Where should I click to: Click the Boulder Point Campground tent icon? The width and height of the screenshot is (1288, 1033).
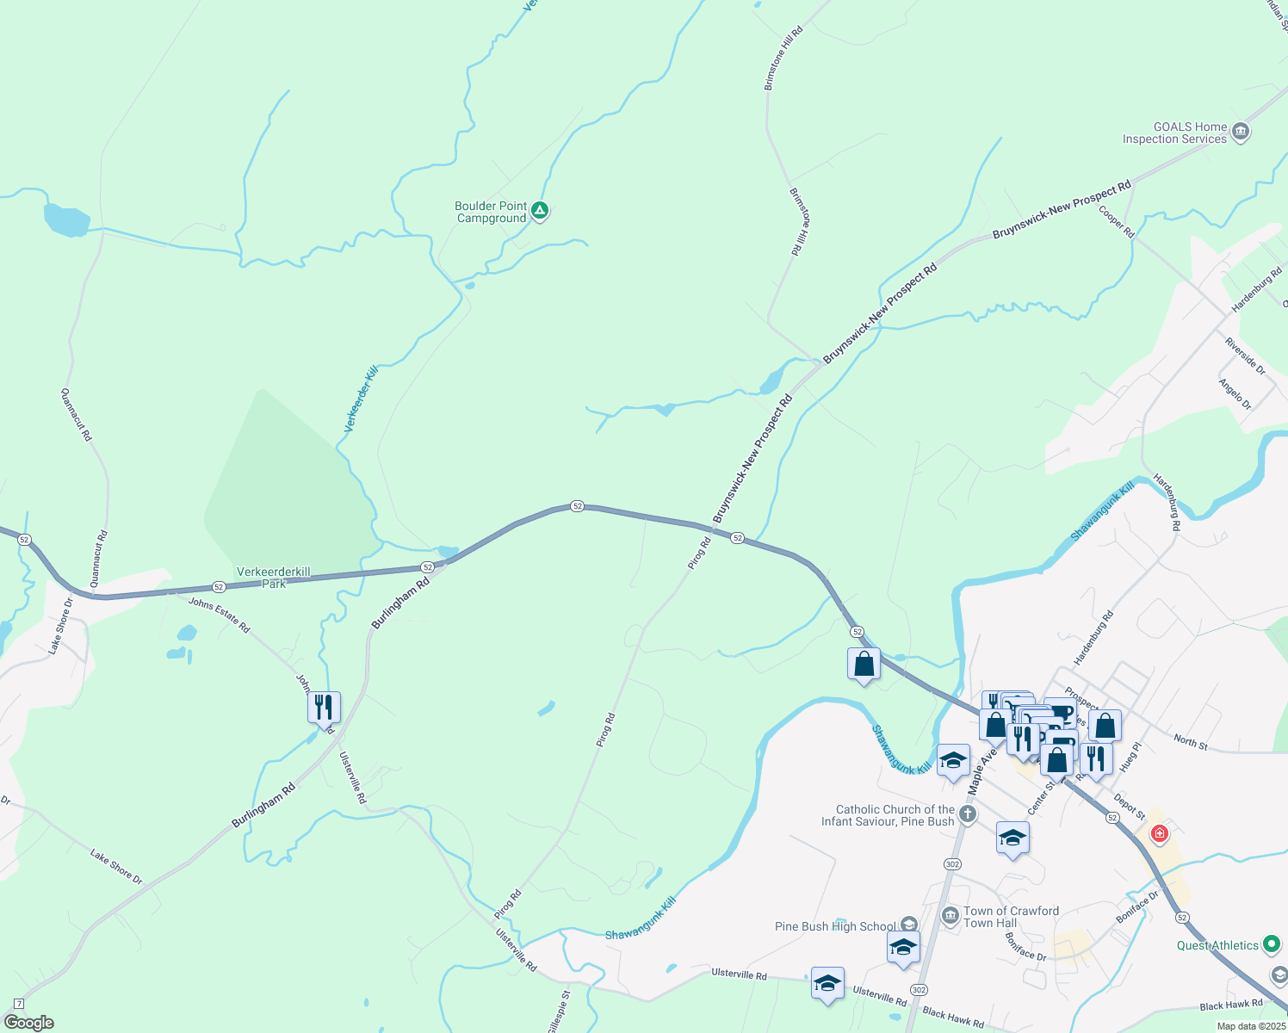(x=540, y=210)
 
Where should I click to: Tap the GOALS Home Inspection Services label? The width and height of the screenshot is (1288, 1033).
(x=1174, y=133)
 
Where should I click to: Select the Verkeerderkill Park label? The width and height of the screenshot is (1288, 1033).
(x=274, y=578)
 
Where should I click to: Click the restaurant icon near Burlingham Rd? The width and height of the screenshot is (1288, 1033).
(x=324, y=708)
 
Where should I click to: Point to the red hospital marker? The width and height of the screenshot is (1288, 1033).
(x=1159, y=834)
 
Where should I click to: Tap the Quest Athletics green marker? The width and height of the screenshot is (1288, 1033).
(x=1271, y=944)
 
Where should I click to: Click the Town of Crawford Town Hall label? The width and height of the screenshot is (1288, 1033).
(x=1011, y=917)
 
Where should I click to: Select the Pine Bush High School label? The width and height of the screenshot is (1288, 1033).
(x=835, y=926)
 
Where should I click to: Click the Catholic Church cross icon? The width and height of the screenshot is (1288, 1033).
(x=968, y=814)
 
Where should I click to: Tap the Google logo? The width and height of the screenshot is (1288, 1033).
(x=28, y=1023)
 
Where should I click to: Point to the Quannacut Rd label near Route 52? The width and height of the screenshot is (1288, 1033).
(x=98, y=559)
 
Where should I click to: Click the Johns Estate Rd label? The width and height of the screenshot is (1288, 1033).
(x=219, y=615)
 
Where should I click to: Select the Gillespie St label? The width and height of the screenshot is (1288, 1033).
(x=559, y=1011)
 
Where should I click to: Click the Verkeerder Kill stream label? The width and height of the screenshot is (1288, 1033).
(x=361, y=399)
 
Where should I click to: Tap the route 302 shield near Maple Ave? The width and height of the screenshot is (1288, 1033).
(x=951, y=863)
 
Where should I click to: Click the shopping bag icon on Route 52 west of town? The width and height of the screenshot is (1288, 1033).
(x=864, y=665)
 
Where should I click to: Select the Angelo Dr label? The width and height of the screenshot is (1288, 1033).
(x=1235, y=393)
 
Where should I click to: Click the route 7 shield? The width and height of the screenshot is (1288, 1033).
(x=19, y=1004)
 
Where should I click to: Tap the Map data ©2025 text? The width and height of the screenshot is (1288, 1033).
(x=1250, y=1026)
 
